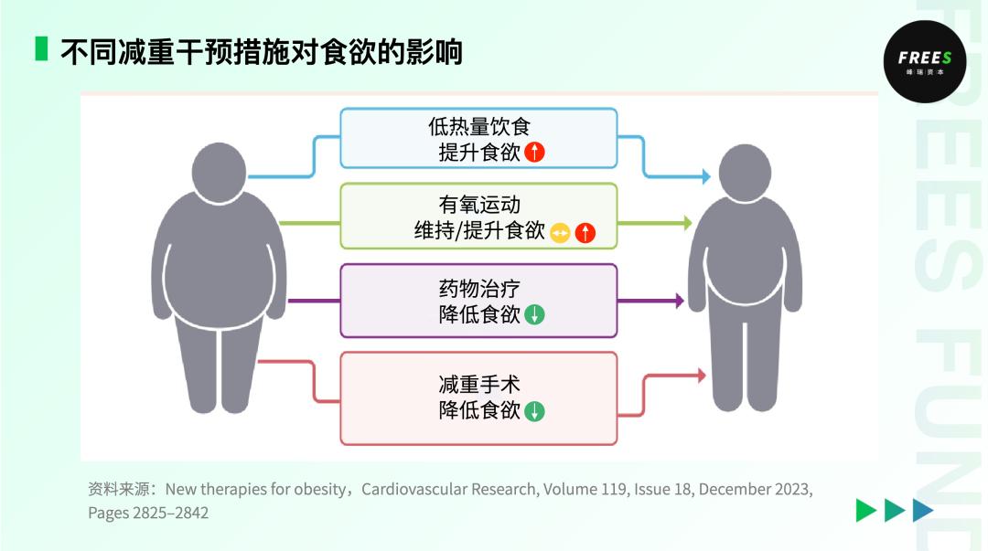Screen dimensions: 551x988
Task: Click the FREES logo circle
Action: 924,61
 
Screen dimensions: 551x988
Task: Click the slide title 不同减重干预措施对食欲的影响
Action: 262,51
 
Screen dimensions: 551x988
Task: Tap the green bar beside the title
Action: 41,49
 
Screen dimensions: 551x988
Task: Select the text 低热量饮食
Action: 478,126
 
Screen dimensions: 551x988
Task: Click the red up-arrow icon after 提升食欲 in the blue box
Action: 535,153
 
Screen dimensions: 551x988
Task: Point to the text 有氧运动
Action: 478,204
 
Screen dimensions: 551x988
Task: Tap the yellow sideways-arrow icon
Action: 560,233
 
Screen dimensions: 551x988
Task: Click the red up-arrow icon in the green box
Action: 585,233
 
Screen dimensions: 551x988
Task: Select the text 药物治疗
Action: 478,289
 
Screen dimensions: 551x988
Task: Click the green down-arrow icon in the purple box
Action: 535,315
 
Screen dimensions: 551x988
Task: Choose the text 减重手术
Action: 478,384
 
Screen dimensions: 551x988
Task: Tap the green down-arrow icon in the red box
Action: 535,411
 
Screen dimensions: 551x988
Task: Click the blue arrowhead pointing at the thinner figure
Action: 705,176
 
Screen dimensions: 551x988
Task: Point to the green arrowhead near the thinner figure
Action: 687,222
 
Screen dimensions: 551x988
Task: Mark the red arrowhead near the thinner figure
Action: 702,375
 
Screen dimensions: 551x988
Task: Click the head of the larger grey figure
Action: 219,170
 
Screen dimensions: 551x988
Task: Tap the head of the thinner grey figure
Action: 745,175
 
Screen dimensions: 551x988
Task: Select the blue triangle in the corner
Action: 923,511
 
